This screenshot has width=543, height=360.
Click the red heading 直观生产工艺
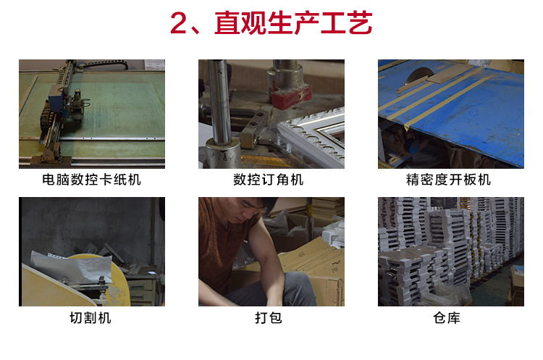click(293, 23)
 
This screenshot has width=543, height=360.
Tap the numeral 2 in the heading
click(179, 23)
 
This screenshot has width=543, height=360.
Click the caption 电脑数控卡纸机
click(91, 180)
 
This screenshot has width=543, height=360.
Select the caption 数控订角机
click(268, 180)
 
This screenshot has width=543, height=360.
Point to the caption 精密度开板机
click(448, 180)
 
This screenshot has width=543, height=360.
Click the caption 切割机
click(90, 317)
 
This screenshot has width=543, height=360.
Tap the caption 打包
click(269, 317)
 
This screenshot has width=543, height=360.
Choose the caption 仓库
click(447, 317)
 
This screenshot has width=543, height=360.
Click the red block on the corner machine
click(291, 96)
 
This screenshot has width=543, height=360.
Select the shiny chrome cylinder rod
click(219, 101)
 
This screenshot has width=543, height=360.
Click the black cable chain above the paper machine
click(104, 63)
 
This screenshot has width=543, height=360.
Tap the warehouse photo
click(451, 251)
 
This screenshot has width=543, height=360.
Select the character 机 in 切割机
click(104, 317)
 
